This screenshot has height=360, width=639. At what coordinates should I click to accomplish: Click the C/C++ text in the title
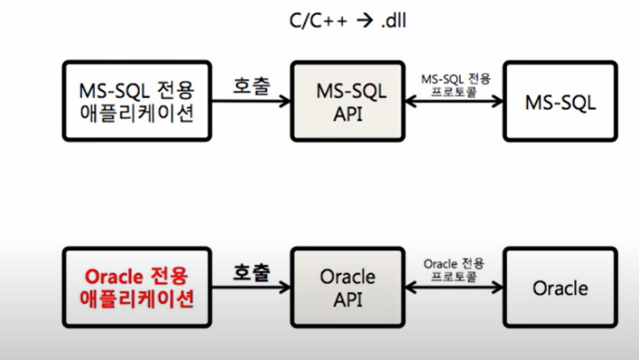click(x=318, y=20)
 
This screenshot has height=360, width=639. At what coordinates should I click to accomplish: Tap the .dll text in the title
click(x=394, y=20)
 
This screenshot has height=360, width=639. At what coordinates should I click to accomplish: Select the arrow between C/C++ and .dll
click(x=365, y=20)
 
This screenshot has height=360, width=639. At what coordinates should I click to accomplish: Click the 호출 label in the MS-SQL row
click(x=251, y=86)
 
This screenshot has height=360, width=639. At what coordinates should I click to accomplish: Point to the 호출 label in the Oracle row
click(x=251, y=272)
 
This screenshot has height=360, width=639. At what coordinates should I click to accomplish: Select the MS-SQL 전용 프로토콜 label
click(x=455, y=85)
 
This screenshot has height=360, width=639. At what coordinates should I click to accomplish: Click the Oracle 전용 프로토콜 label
click(x=453, y=270)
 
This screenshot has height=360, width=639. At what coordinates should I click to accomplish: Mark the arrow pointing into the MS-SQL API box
click(x=251, y=101)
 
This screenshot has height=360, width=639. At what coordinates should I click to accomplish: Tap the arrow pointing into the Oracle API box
click(x=251, y=287)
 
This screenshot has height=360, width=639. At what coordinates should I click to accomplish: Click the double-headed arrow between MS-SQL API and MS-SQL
click(x=455, y=101)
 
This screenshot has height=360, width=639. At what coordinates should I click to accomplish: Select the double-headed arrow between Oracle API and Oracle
click(x=455, y=287)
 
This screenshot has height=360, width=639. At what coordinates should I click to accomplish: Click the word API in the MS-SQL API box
click(x=348, y=114)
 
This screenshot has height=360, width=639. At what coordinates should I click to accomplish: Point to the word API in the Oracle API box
click(x=348, y=300)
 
